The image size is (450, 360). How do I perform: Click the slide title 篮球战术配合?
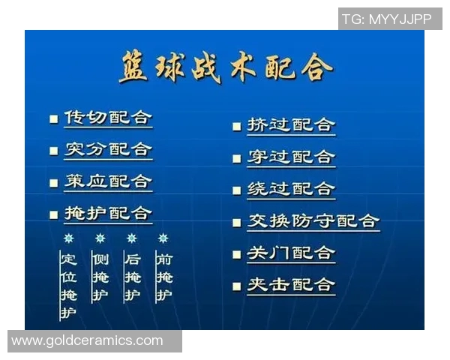pos(225,69)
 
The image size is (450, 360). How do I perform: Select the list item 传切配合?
pos(108,118)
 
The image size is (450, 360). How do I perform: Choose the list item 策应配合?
pos(108,181)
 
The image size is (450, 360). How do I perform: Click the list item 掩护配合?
pos(108,214)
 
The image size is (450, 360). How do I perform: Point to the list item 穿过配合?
pos(291,157)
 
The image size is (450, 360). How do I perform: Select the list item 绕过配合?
pos(291,189)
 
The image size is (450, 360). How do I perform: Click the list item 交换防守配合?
pos(313,221)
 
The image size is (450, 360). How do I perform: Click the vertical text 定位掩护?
pos(68,286)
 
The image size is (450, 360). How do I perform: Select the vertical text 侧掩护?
pos(100,277)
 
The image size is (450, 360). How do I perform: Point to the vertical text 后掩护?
pos(132,277)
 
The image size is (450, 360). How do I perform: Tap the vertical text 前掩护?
pos(163,277)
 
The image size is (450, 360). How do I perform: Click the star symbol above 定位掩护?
pos(68,238)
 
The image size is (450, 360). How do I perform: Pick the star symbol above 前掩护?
pos(163,238)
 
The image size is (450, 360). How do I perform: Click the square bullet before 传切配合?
pos(53,119)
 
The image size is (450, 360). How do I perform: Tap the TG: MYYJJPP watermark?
pos(387,19)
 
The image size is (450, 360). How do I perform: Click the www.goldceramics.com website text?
pos(87,340)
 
